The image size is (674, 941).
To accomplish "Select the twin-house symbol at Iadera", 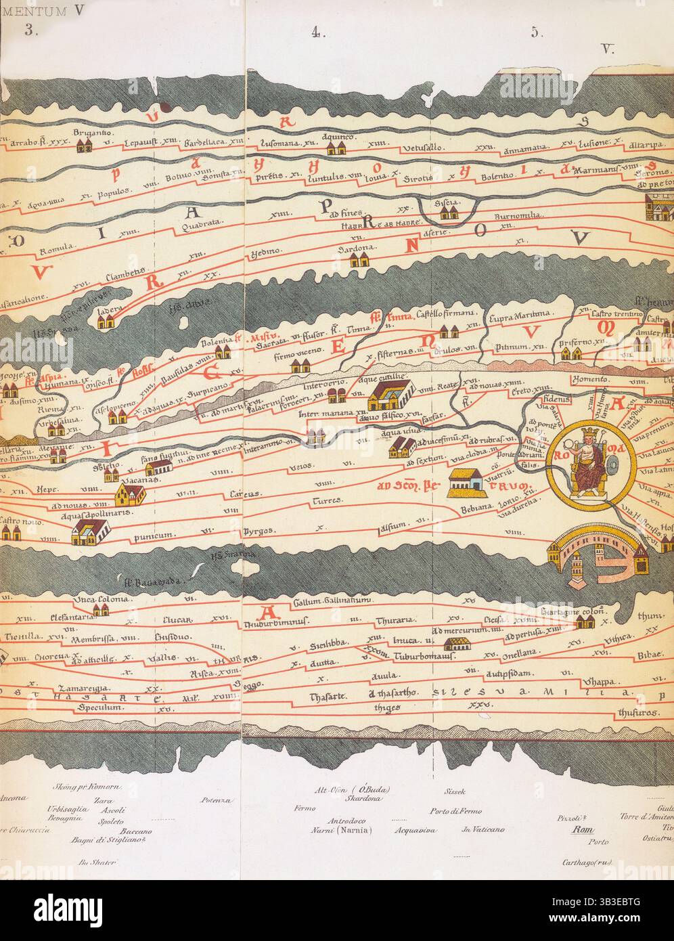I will pos(105,324).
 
